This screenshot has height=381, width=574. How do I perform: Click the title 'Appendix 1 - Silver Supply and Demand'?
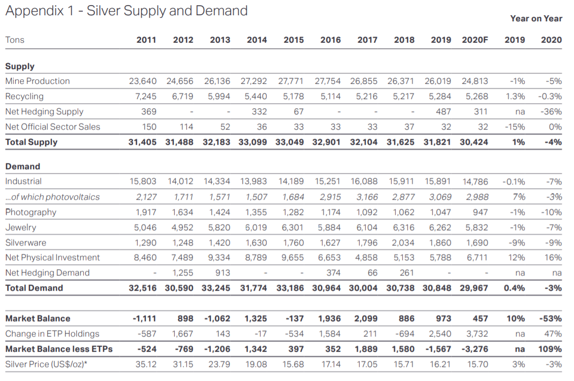point(126,11)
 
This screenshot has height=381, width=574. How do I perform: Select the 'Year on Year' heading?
point(536,18)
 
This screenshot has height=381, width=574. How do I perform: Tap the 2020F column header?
point(474,40)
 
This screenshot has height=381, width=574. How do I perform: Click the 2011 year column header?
point(146,40)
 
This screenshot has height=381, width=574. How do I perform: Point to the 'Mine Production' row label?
point(38,81)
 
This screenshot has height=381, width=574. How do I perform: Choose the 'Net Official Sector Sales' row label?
point(53,126)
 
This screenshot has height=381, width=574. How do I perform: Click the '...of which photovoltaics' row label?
point(52,197)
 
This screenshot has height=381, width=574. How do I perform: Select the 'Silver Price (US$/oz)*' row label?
point(45,364)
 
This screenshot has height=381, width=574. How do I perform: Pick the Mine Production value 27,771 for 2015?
point(291,81)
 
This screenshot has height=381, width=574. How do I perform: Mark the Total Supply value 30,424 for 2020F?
point(474,142)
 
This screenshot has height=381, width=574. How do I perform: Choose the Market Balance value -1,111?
point(144,319)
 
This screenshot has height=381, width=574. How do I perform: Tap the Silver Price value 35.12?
point(145,364)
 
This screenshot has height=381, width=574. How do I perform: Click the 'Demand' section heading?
point(22,166)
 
